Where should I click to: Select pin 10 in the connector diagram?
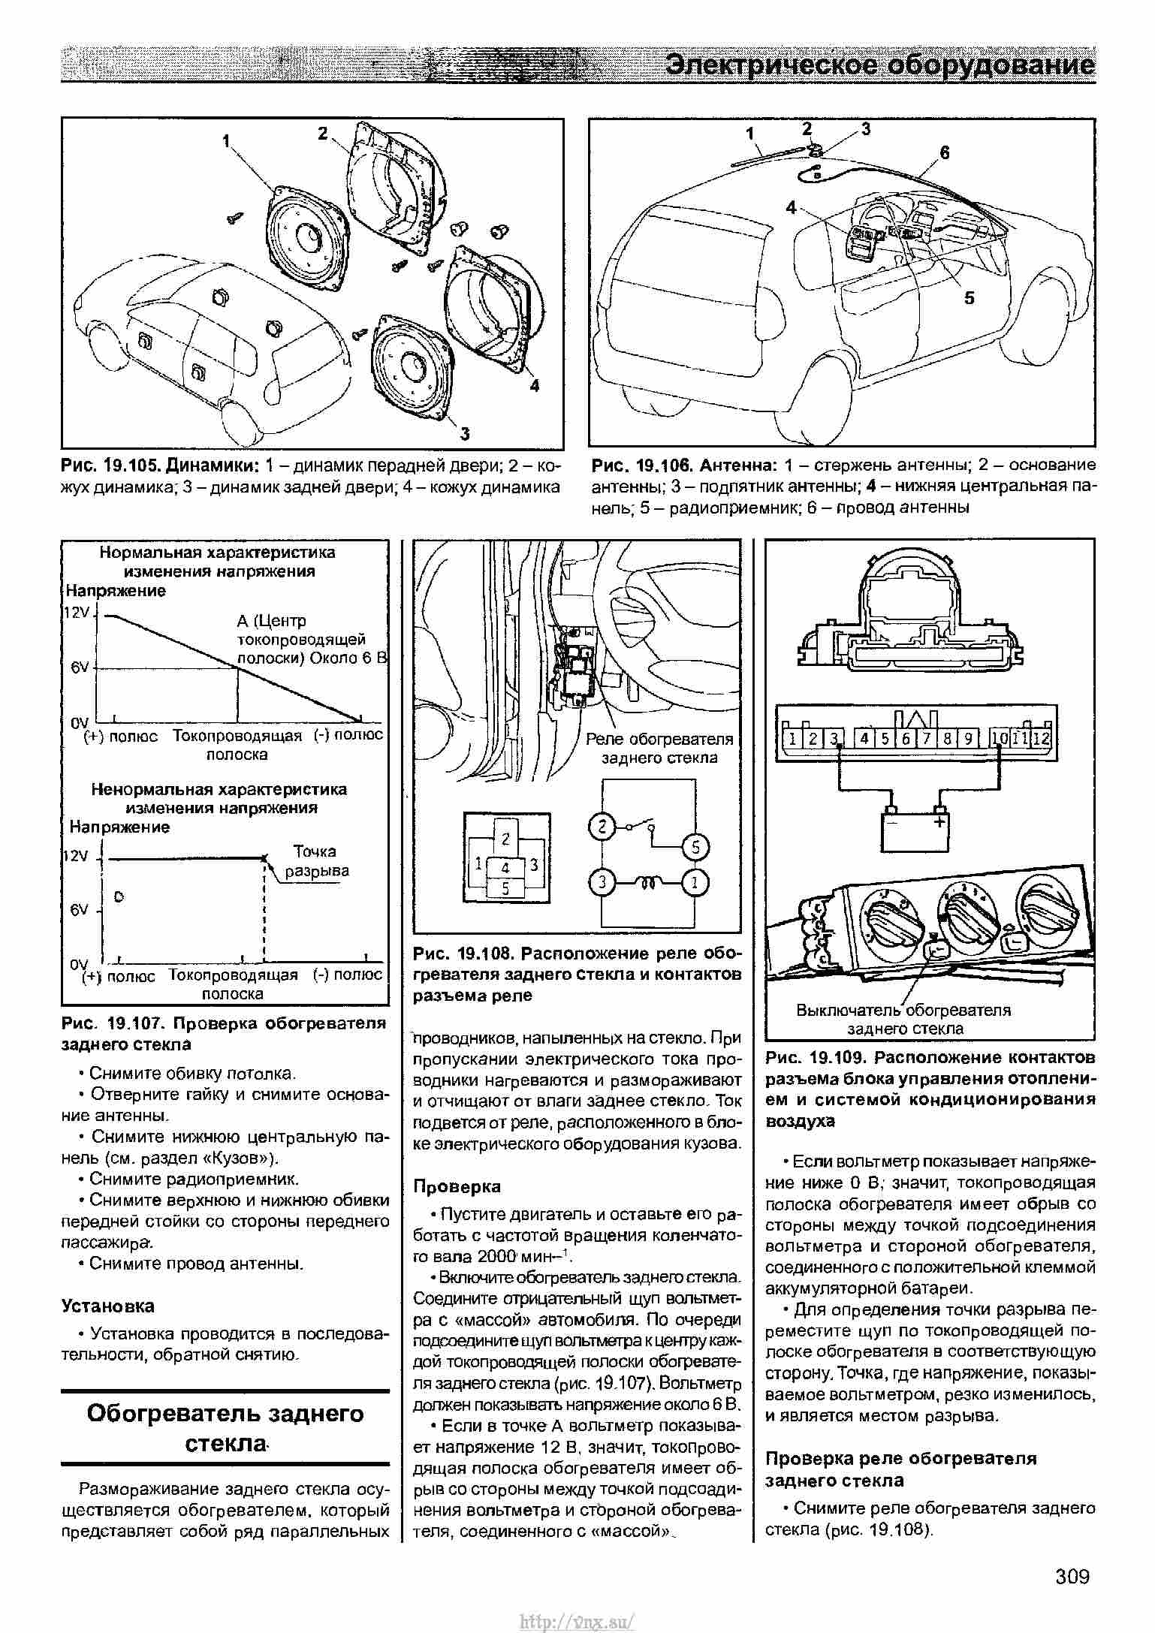point(1000,738)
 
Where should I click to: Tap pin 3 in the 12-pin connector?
point(833,738)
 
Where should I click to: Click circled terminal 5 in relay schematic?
point(695,847)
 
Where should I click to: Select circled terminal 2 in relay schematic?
point(602,827)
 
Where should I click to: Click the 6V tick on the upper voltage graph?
point(80,667)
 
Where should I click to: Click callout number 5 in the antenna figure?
point(969,298)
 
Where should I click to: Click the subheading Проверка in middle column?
point(457,1186)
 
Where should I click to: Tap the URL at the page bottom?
point(577,1616)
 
